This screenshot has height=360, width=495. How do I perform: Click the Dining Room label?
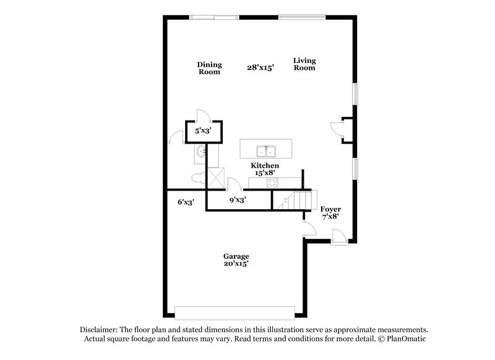[209, 68]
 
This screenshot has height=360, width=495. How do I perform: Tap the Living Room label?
[304, 64]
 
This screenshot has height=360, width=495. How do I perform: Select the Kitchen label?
[264, 166]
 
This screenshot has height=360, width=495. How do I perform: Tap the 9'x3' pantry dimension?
[238, 200]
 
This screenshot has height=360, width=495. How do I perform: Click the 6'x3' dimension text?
[186, 202]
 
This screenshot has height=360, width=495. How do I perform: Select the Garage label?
[236, 256]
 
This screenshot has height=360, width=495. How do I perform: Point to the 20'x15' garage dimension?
[236, 264]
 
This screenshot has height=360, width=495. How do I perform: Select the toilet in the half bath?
[199, 178]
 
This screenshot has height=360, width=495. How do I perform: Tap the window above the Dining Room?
[213, 17]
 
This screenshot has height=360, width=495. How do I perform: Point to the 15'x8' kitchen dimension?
[264, 174]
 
